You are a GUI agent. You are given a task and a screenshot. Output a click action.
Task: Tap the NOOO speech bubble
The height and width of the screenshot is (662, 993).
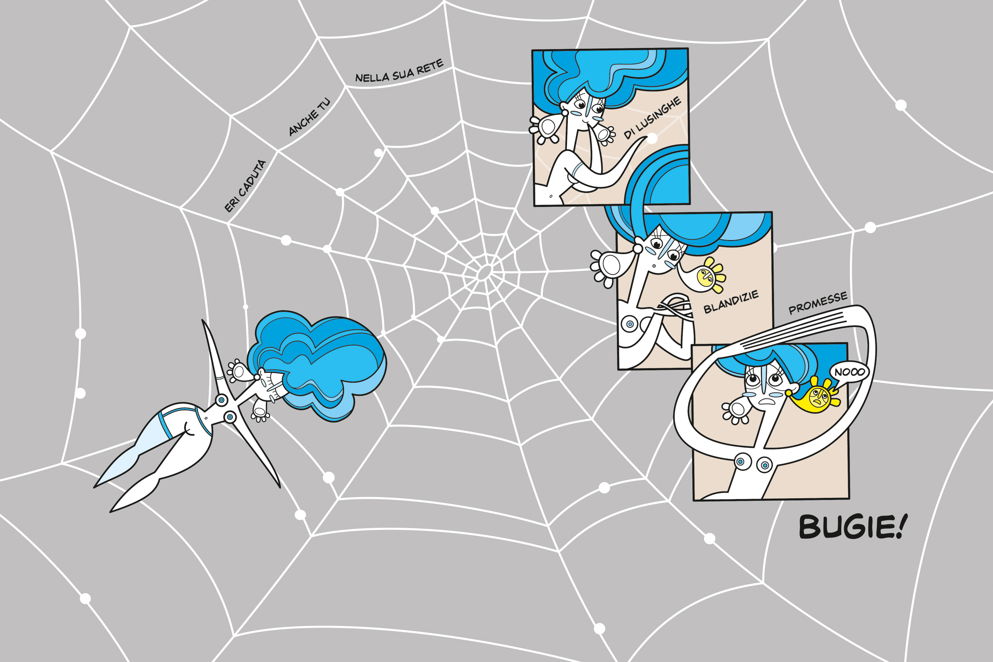pos(849,372)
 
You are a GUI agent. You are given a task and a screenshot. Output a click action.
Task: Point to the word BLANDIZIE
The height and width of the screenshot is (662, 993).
pos(731,302)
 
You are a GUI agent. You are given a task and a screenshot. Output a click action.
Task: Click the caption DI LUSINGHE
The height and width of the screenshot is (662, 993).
pos(653,117)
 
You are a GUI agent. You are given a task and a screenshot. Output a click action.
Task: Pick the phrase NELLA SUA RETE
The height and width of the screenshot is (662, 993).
pos(399,71)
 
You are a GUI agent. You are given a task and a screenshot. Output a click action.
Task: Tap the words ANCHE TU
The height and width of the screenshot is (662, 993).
pos(309,117)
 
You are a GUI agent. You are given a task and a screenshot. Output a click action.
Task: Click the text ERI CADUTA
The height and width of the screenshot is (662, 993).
pos(245,186)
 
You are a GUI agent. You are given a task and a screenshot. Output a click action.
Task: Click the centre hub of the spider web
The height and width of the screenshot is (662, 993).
pos(484,273)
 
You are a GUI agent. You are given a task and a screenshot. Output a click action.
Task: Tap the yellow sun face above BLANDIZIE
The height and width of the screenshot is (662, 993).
pos(706,277)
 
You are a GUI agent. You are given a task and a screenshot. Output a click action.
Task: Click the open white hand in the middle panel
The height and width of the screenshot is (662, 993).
pos(608,266)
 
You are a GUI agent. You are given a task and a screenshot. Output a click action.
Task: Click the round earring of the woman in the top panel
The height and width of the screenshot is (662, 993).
pos(565,113)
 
